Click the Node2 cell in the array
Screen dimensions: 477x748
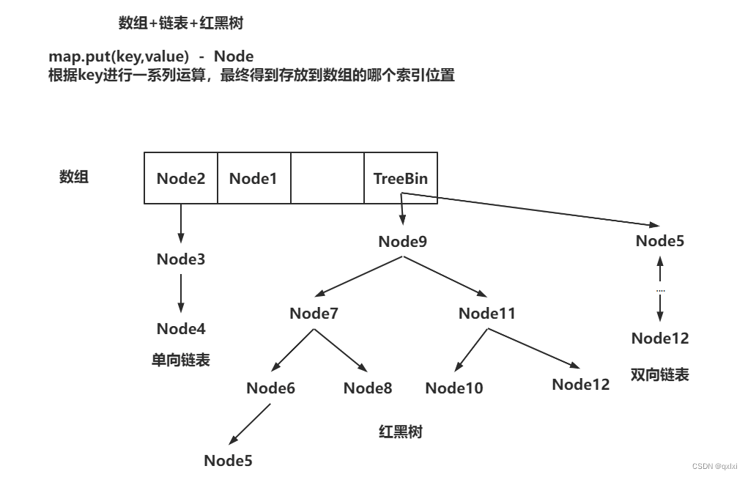point(181,178)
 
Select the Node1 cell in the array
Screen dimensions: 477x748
point(253,178)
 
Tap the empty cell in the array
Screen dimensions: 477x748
point(327,178)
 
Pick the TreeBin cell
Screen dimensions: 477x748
point(401,178)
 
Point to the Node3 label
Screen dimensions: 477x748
point(181,259)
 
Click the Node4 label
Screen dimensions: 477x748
point(181,328)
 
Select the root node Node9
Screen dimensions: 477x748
point(403,241)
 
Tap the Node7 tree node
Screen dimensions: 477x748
point(314,314)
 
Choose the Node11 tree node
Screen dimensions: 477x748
point(487,314)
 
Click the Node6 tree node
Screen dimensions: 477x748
point(270,388)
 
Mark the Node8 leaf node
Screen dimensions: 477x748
point(368,388)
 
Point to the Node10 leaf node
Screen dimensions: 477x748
point(454,388)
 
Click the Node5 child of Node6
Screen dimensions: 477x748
point(228,460)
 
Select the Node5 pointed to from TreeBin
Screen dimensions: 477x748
point(660,241)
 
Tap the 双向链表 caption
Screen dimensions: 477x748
point(659,374)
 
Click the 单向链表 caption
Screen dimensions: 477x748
point(181,360)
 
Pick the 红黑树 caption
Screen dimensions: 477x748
point(400,432)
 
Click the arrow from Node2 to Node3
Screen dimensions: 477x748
point(181,223)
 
